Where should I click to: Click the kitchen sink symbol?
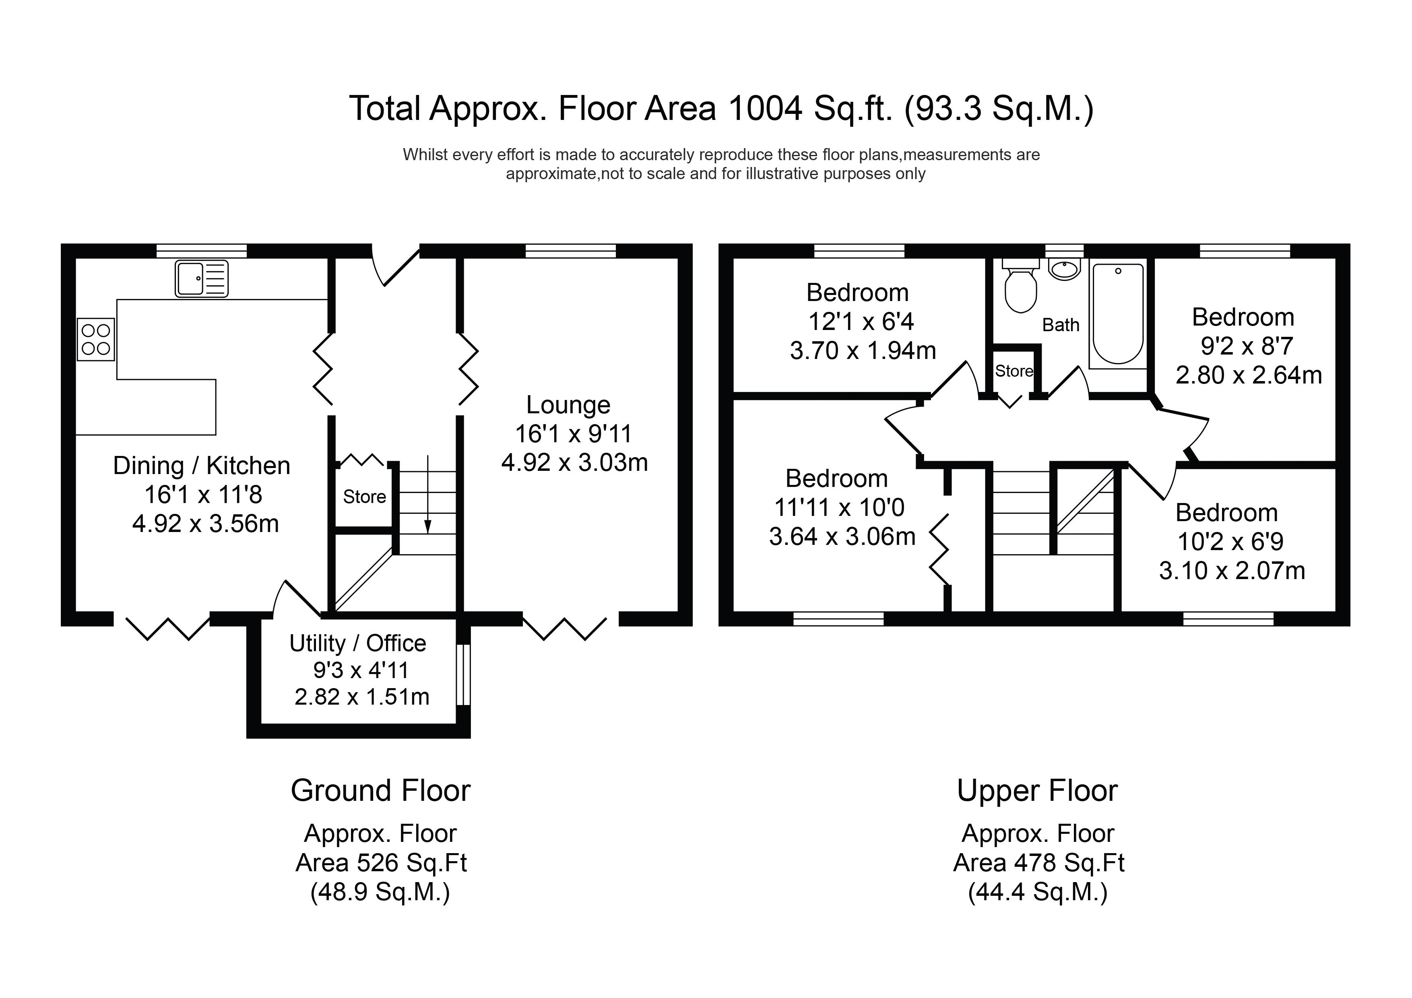coord(202,278)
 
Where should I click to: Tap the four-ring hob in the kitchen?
coord(96,339)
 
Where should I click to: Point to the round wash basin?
coord(1065,269)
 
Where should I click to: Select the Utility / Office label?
coord(358,643)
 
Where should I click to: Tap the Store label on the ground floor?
coord(365,497)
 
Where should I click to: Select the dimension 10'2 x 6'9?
coord(1230,542)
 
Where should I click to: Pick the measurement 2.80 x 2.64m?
coord(1249,375)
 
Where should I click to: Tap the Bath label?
coord(1061,325)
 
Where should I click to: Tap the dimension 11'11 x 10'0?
coord(840,508)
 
